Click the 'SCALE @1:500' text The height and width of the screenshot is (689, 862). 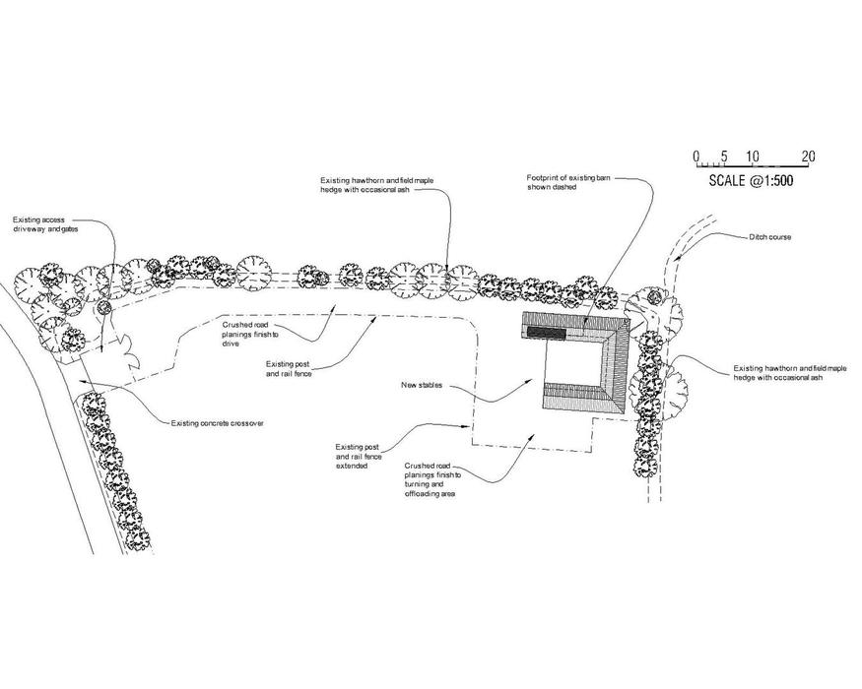(751, 181)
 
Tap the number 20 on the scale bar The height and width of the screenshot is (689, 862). (808, 157)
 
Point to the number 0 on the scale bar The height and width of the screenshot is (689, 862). (696, 157)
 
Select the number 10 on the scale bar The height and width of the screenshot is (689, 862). (752, 157)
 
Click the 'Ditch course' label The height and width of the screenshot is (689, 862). (769, 237)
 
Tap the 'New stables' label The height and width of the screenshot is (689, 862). (421, 385)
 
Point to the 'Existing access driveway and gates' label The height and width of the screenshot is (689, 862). (44, 223)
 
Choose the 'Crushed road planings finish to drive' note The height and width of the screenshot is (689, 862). (243, 334)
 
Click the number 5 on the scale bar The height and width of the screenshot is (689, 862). (723, 157)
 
